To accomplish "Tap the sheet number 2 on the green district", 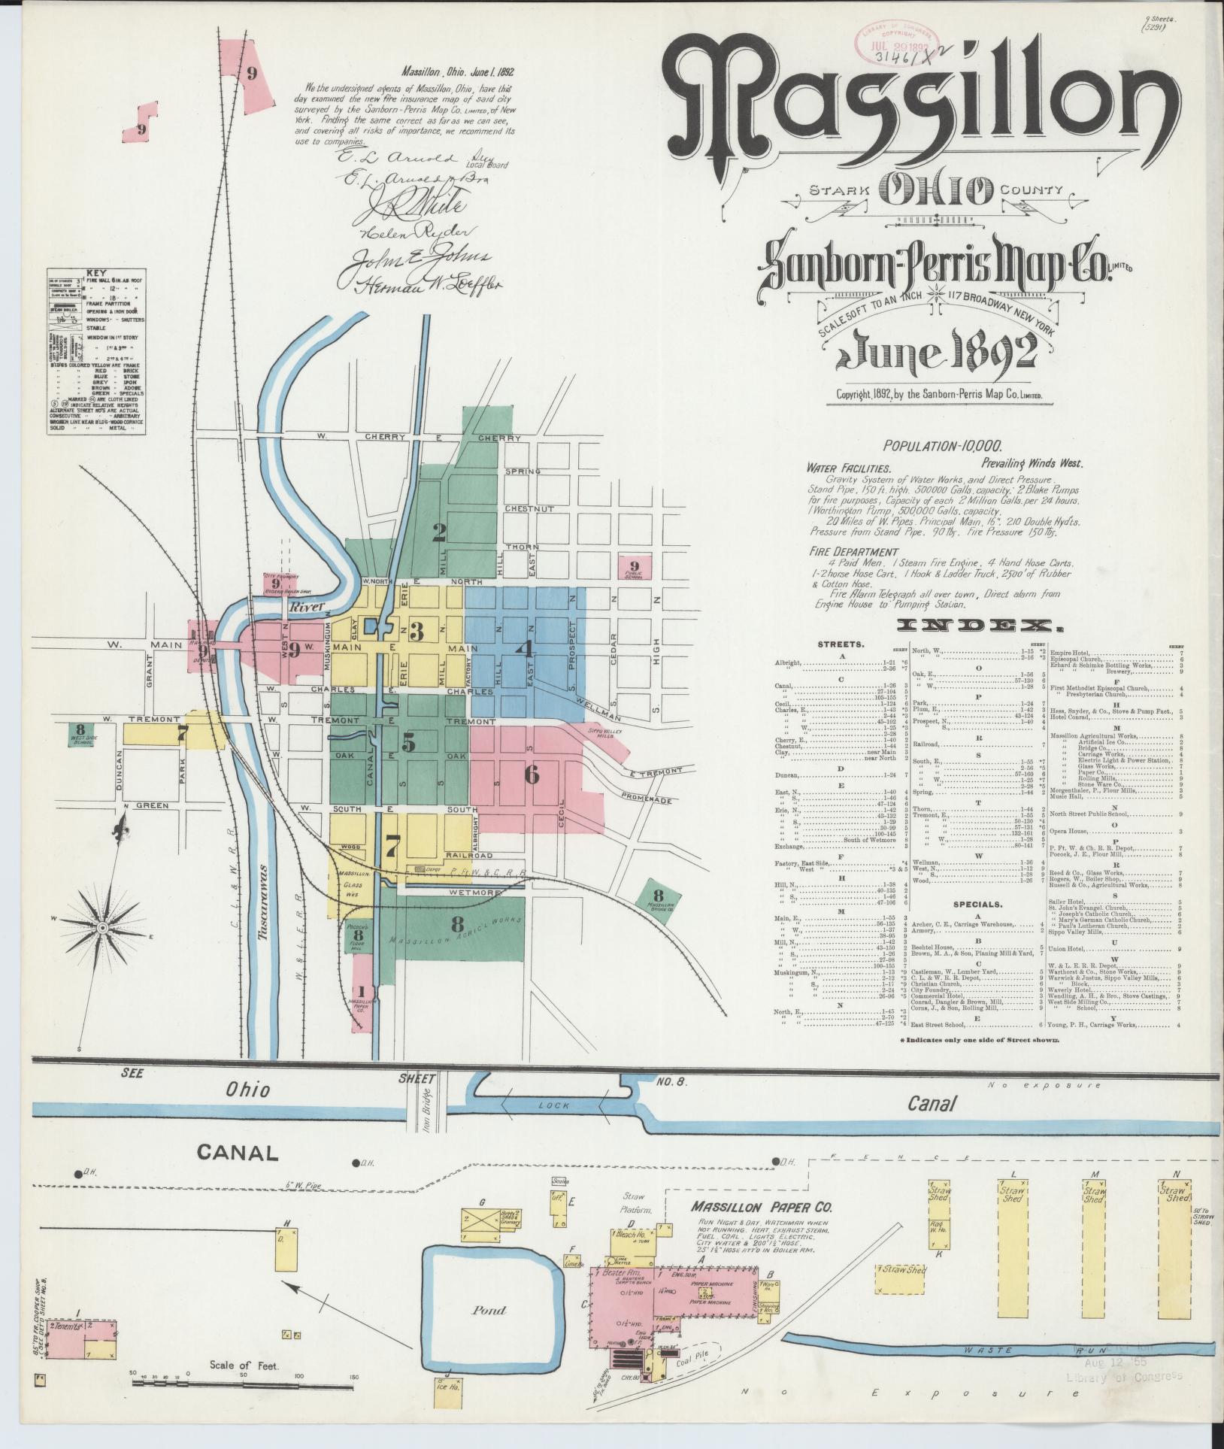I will tap(439, 532).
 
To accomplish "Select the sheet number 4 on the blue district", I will tap(524, 648).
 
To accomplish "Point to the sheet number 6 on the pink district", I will tap(532, 775).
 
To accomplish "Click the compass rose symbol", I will tap(101, 929).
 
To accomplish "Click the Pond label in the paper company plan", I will tap(489, 1311).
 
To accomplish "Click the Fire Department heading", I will tap(843, 551).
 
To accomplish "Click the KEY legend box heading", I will tap(96, 273).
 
